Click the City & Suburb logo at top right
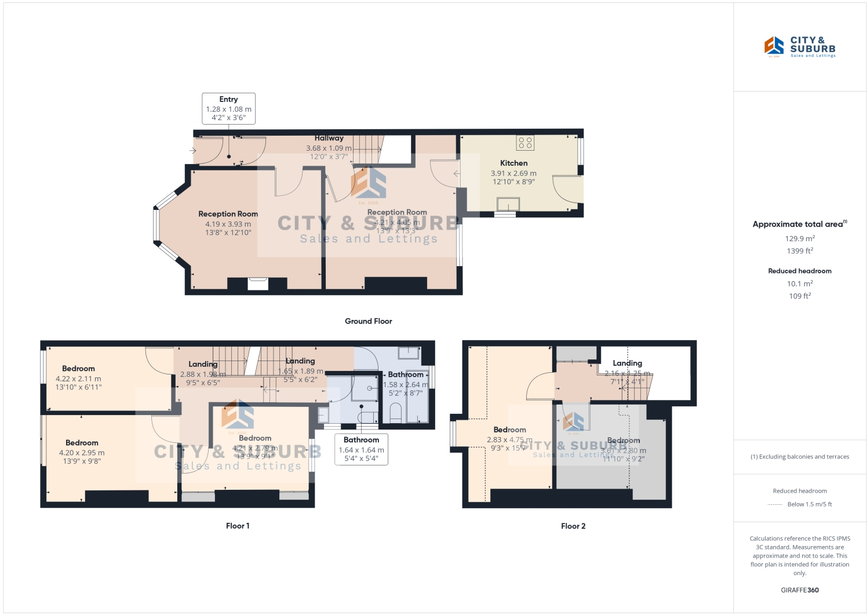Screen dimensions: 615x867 click(x=799, y=47)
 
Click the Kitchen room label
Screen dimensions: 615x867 click(x=513, y=163)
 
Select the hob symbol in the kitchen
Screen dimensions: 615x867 click(x=525, y=143)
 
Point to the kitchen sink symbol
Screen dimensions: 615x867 click(x=508, y=204)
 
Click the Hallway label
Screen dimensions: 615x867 click(x=329, y=139)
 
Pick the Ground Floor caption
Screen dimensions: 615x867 click(x=368, y=321)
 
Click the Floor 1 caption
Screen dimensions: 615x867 click(x=238, y=526)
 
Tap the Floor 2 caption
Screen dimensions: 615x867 click(x=573, y=526)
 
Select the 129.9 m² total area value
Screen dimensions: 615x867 click(x=800, y=238)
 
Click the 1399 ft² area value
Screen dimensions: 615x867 click(x=800, y=251)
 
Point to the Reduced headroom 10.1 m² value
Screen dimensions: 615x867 click(x=800, y=283)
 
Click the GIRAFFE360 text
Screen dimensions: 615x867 click(x=800, y=590)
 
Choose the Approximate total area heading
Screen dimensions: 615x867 click(x=799, y=224)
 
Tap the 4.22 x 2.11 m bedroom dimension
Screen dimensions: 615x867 click(x=78, y=379)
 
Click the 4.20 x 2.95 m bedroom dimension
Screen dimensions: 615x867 click(x=82, y=453)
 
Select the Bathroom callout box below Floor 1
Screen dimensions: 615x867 click(x=361, y=449)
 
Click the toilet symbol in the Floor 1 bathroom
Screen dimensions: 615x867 click(x=396, y=413)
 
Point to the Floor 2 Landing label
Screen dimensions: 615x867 click(x=627, y=363)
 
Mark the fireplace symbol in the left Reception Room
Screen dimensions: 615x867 click(x=258, y=283)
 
